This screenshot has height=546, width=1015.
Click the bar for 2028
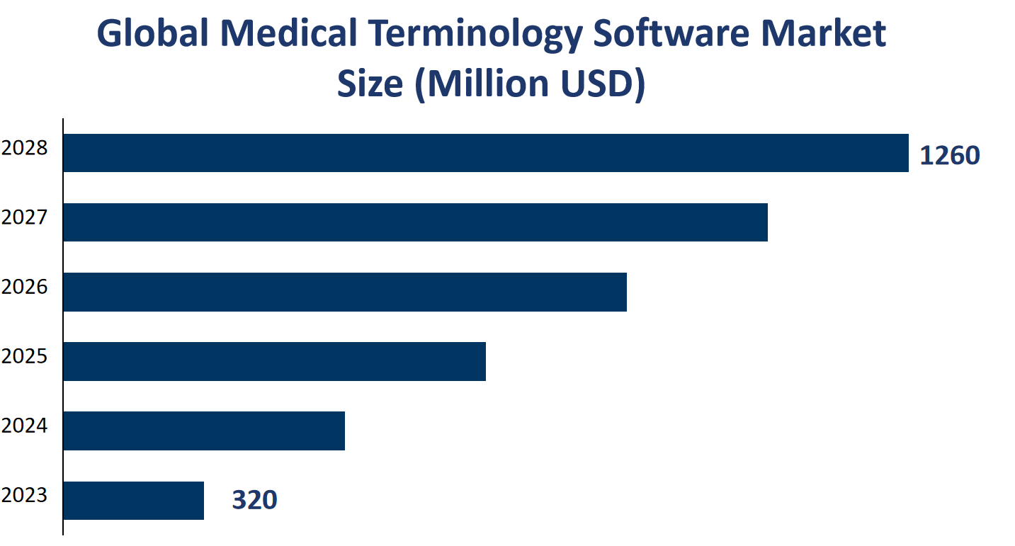(x=485, y=153)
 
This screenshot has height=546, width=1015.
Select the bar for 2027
(x=415, y=222)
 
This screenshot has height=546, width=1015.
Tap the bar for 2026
(x=345, y=292)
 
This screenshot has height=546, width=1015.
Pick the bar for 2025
(x=274, y=361)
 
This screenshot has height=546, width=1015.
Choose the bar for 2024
(x=204, y=431)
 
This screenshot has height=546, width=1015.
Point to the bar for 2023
(x=134, y=501)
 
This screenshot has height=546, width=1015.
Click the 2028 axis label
(x=25, y=149)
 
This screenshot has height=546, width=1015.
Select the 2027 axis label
(x=25, y=217)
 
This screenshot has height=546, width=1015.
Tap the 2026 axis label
(x=25, y=287)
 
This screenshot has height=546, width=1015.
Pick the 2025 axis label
(x=25, y=356)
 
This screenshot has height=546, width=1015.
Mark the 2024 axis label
(x=25, y=426)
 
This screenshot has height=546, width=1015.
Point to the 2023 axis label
(x=25, y=495)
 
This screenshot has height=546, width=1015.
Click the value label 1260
(x=949, y=156)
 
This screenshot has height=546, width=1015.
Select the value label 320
(x=254, y=501)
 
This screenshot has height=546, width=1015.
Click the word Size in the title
(x=368, y=84)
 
